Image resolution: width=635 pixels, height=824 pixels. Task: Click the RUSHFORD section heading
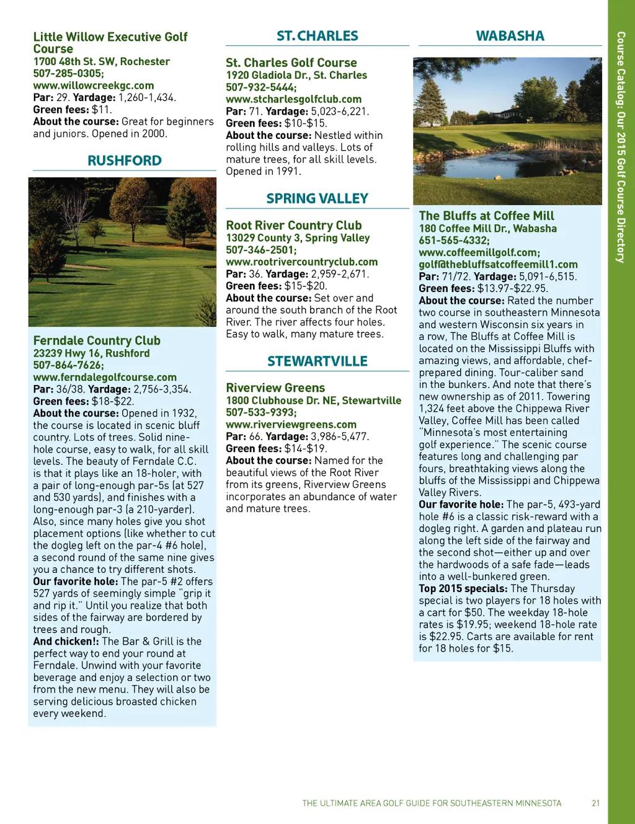124,161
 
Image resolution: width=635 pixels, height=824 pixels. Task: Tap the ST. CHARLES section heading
317,36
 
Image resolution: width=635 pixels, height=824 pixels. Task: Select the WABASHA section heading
510,36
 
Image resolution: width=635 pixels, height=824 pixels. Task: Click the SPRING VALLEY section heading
317,199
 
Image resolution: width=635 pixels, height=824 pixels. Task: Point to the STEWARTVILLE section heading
317,361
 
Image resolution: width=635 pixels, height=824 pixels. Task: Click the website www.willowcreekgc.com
93,86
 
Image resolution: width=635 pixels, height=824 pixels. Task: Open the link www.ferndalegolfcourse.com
105,377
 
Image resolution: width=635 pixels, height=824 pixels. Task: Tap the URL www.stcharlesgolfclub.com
293,99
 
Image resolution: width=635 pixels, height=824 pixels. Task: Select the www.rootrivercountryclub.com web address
301,262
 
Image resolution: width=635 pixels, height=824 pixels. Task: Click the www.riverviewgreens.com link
291,425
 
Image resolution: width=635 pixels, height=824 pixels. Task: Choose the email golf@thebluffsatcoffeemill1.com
498,265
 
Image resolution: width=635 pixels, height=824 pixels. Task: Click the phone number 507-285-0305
68,73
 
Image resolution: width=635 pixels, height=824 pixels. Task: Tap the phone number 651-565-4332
454,241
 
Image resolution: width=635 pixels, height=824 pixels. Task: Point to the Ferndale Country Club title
97,340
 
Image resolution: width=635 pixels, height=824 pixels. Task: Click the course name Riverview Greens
275,388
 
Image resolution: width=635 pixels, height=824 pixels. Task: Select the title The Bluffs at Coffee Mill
486,216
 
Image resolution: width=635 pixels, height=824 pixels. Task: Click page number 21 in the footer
595,803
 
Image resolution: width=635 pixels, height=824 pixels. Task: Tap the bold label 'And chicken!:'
66,641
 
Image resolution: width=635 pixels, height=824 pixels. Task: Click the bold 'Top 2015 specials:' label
463,588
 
